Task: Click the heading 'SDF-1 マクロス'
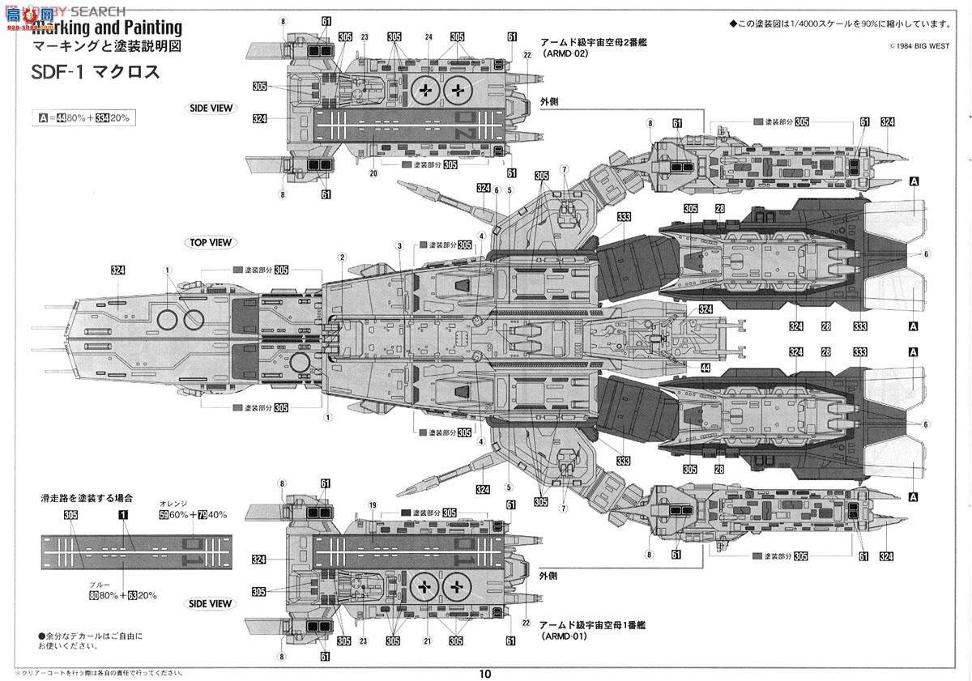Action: (96, 74)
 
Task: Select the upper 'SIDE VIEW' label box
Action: (210, 109)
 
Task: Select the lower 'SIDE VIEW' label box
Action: (210, 603)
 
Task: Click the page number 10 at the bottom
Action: (484, 673)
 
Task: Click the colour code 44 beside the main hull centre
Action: (706, 368)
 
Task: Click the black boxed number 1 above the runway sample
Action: (122, 515)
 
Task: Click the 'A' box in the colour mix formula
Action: (43, 118)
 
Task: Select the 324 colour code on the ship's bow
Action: (115, 270)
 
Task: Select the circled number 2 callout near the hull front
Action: (342, 257)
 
